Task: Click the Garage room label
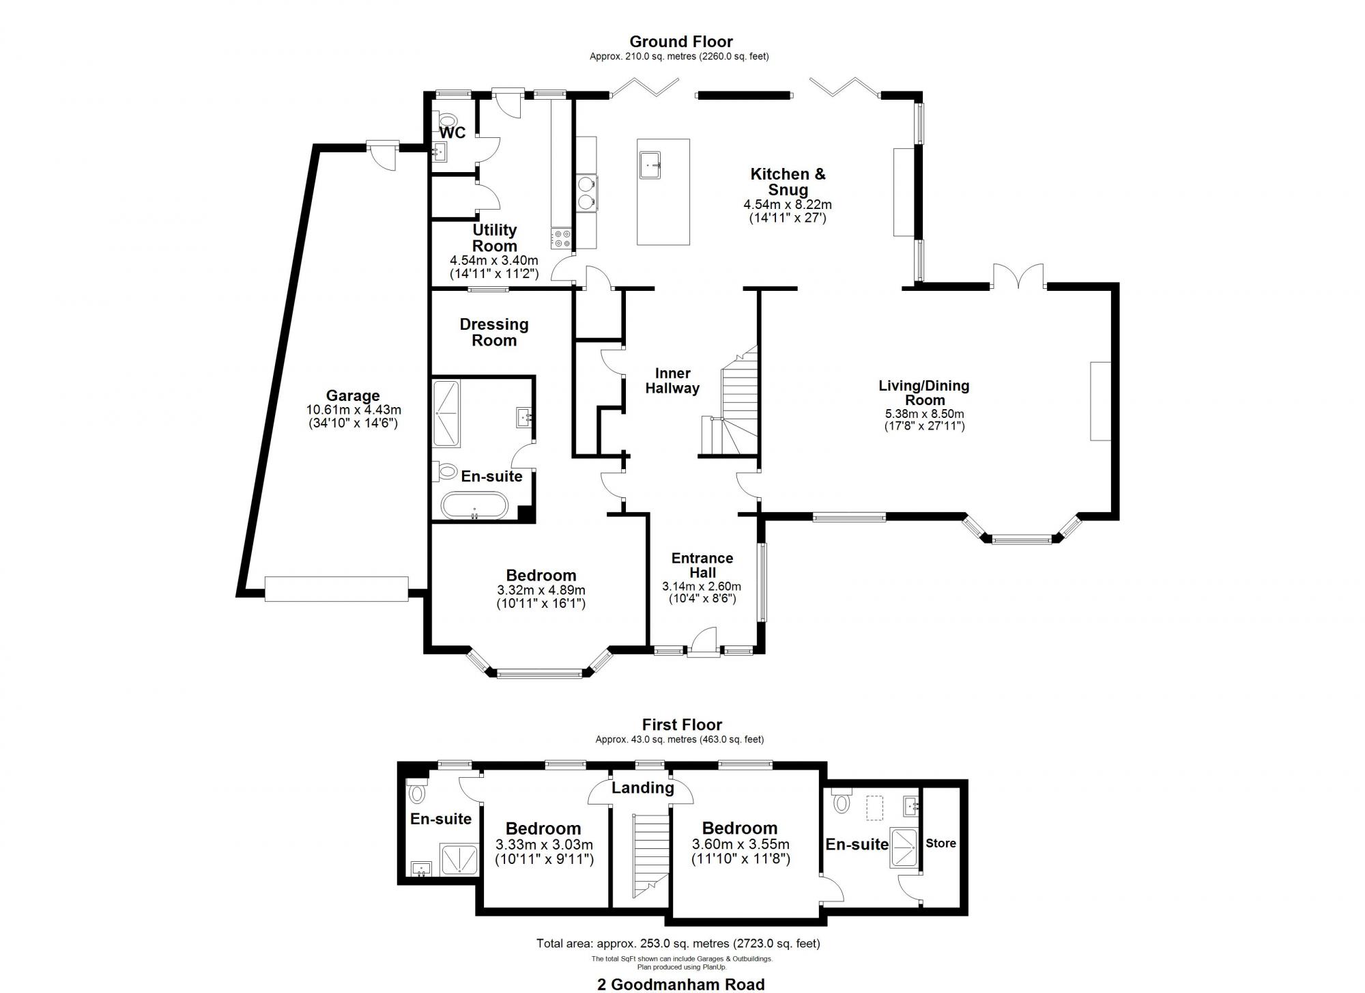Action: point(352,396)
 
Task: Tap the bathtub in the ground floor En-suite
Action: point(474,506)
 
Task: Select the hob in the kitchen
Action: point(562,238)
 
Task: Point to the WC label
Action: point(452,132)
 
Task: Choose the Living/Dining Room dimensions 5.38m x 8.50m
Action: point(924,414)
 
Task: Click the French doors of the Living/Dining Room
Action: point(1018,277)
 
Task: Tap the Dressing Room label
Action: point(494,333)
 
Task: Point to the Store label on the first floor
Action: point(940,843)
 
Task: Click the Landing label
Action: point(642,788)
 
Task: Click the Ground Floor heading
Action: point(680,42)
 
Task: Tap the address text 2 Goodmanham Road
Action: point(680,984)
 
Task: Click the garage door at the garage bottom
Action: point(336,589)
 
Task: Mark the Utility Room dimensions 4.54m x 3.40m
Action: point(493,260)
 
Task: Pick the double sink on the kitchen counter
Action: point(586,193)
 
